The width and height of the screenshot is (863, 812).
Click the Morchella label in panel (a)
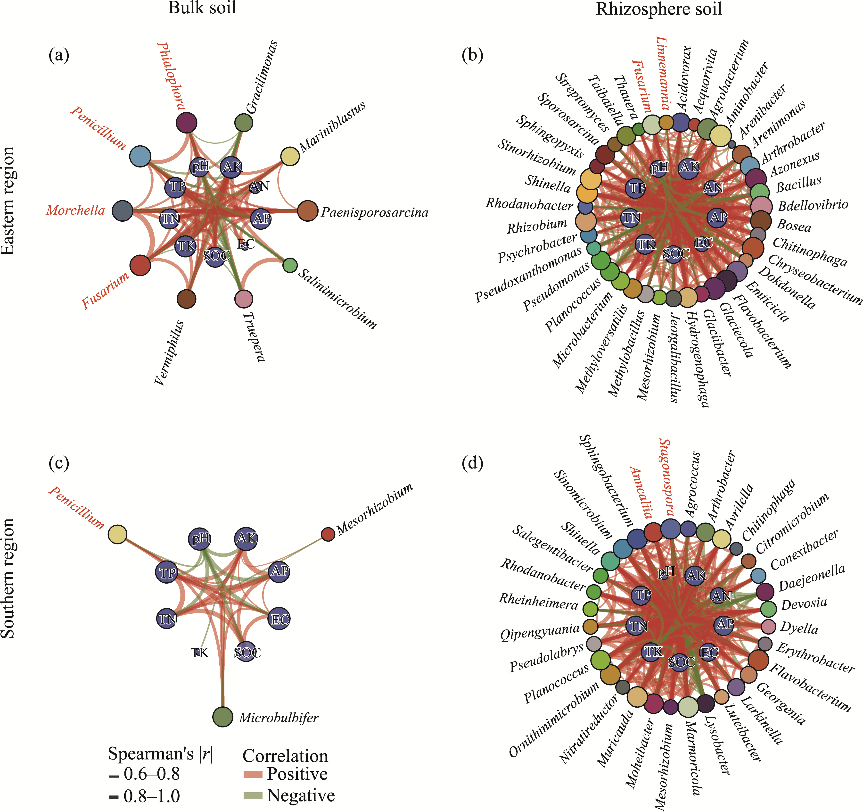pos(75,211)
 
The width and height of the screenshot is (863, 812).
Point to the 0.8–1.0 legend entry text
pos(151,796)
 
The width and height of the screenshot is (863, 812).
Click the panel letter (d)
pos(472,463)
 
